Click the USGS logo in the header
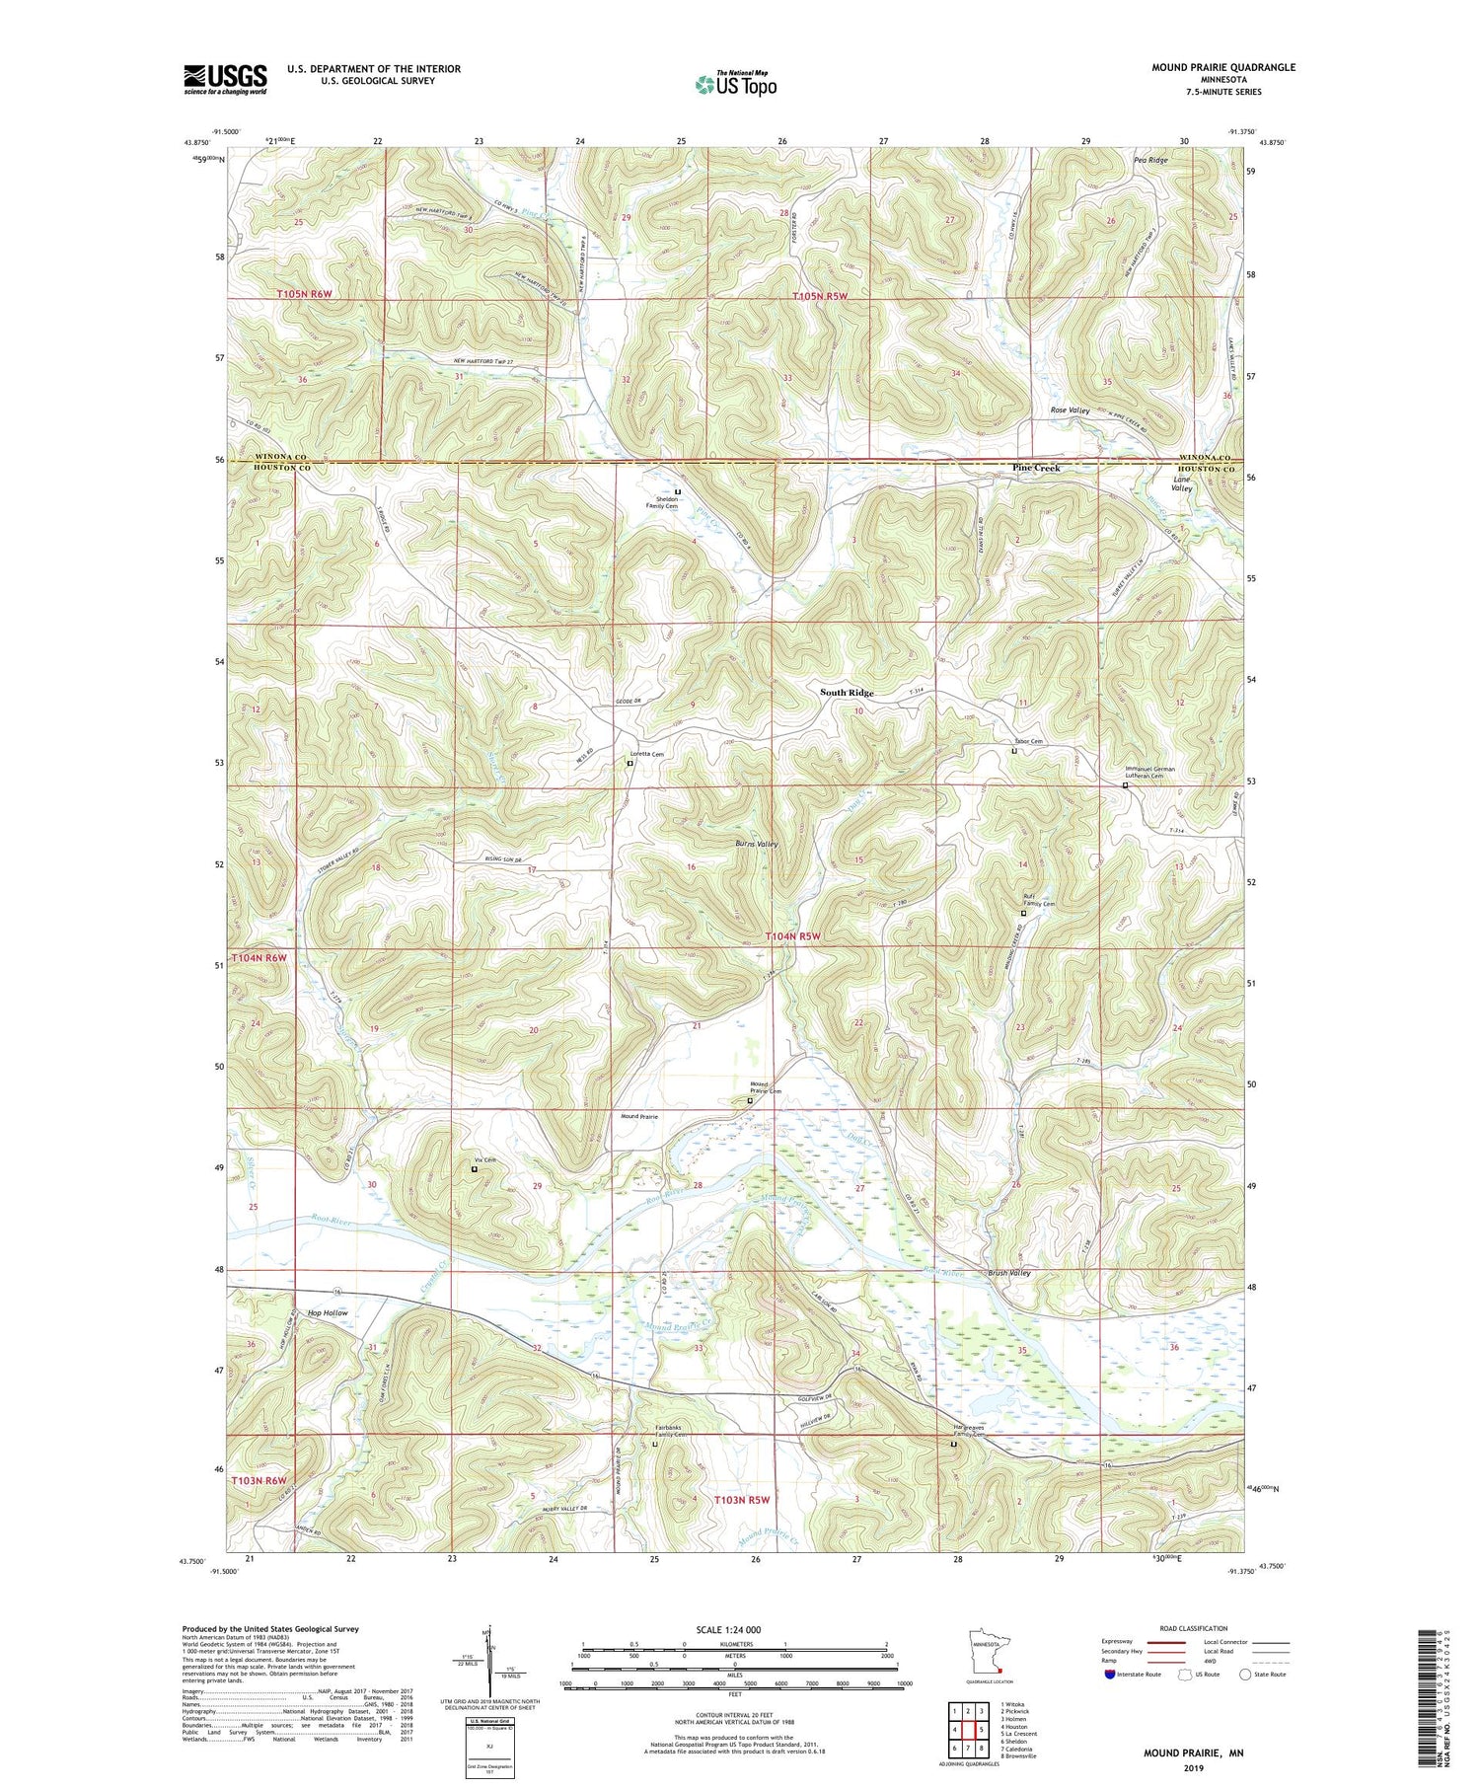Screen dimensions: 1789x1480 pyautogui.click(x=225, y=79)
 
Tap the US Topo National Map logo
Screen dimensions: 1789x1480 pyautogui.click(x=735, y=84)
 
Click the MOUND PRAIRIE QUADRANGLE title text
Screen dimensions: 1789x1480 pyautogui.click(x=1222, y=67)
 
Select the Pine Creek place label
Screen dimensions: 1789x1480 pyautogui.click(x=1036, y=468)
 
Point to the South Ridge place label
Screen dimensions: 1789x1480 pyautogui.click(x=847, y=693)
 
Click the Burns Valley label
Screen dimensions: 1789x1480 pyautogui.click(x=757, y=844)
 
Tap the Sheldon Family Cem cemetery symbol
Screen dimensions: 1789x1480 pyautogui.click(x=678, y=491)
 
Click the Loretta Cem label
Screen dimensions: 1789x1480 pyautogui.click(x=647, y=754)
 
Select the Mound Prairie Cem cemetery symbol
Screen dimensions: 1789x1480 pyautogui.click(x=750, y=1100)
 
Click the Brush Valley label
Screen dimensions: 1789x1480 pyautogui.click(x=1008, y=1273)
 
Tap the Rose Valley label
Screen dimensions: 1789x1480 pyautogui.click(x=1070, y=410)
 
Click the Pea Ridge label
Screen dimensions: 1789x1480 pyautogui.click(x=1150, y=160)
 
